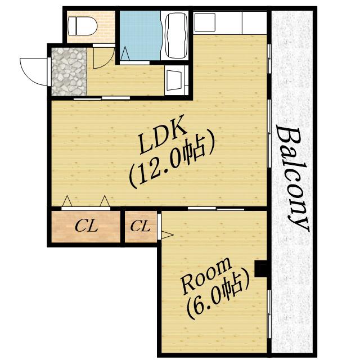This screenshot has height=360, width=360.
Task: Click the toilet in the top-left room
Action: click(82, 26)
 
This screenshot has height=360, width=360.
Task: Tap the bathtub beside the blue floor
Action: click(176, 35)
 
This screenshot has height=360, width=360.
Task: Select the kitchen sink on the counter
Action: click(205, 22)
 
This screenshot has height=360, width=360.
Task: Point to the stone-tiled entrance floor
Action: click(69, 71)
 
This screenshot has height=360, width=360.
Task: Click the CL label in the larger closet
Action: click(86, 226)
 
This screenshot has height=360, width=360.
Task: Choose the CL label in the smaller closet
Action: click(140, 226)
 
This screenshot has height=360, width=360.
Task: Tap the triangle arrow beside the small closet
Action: click(167, 235)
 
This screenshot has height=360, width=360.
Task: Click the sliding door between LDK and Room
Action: click(216, 209)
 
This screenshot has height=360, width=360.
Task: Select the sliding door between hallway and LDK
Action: click(102, 98)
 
